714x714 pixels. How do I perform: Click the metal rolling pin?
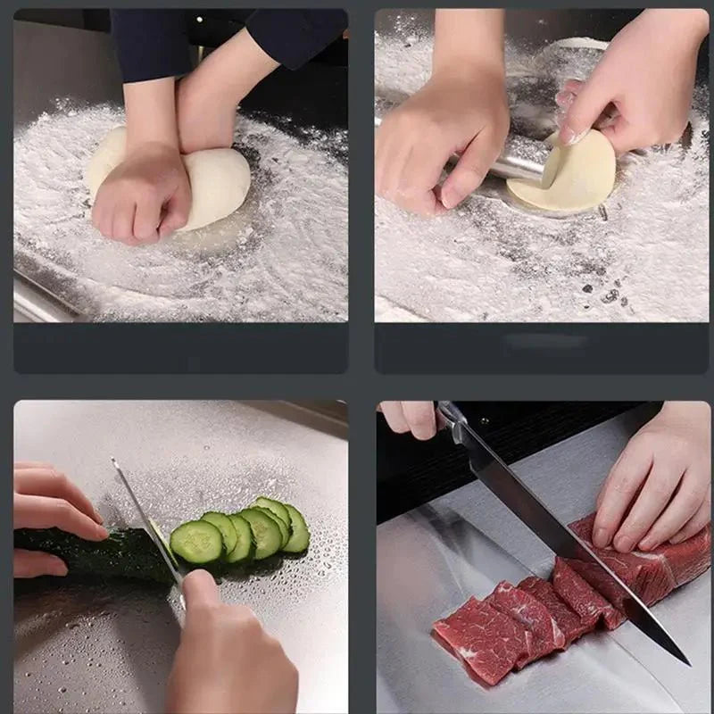click(x=518, y=161)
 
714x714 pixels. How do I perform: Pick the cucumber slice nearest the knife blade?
click(x=196, y=542)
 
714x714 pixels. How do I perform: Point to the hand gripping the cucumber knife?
click(x=228, y=647)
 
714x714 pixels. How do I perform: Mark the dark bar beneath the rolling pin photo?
click(x=542, y=348)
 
